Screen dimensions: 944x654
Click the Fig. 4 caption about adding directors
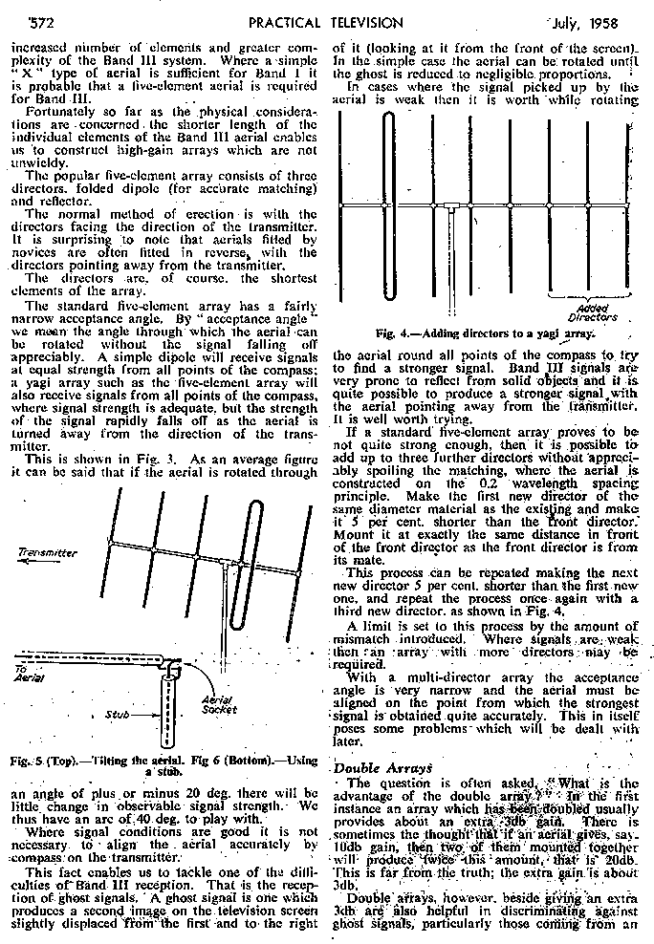(x=486, y=333)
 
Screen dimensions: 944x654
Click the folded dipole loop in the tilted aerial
(x=252, y=566)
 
